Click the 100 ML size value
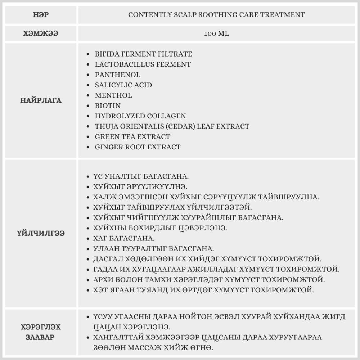216,33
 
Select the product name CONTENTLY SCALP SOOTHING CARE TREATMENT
216,15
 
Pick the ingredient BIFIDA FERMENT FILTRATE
143,54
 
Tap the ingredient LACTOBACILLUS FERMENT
143,64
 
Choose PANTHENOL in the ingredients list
117,75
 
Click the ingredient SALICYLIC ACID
123,85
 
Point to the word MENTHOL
113,95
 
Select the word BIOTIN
108,106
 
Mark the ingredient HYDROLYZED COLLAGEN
140,116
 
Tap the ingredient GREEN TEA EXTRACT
132,137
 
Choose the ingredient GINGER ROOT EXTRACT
138,147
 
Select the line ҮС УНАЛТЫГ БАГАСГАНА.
141,177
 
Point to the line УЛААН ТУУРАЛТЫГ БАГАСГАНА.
153,249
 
